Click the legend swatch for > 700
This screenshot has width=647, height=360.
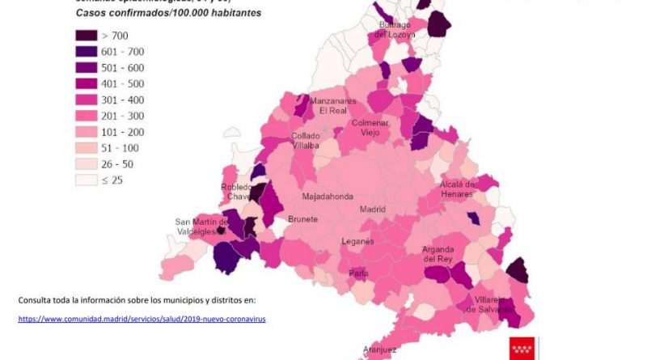87,36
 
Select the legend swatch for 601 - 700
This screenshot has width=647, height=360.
87,52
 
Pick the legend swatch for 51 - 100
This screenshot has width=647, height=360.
87,148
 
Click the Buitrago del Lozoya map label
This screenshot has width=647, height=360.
396,30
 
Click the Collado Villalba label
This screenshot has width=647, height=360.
305,141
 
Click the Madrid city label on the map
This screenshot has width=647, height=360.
373,210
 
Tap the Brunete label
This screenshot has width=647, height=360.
302,219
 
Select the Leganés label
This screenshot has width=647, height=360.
357,241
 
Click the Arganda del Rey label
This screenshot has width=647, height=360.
444,254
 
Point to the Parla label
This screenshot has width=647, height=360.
358,273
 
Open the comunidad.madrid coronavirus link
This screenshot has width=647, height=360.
142,319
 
